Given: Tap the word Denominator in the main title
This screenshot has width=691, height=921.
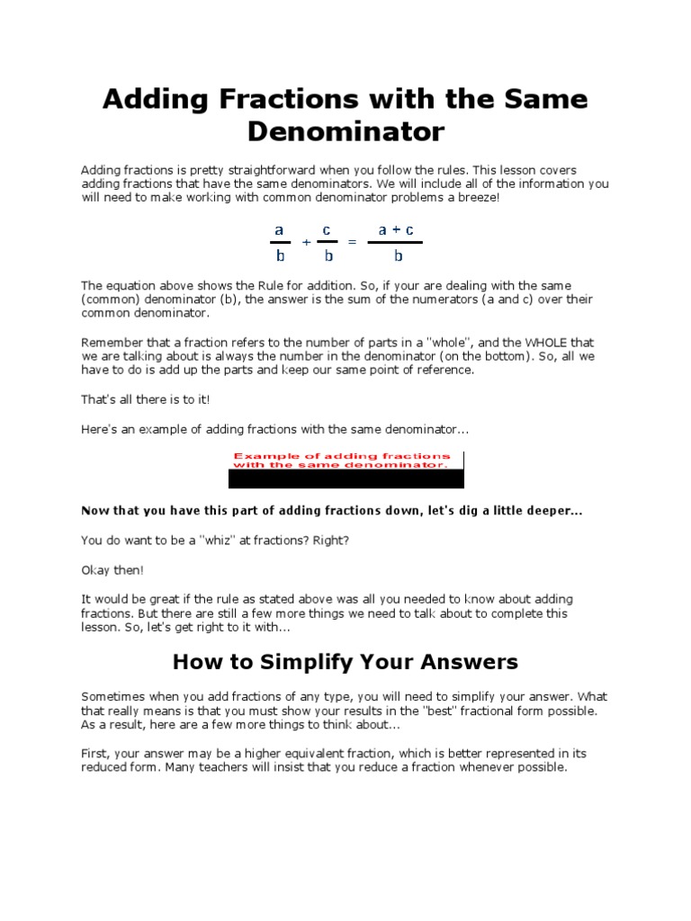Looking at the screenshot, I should coord(345,132).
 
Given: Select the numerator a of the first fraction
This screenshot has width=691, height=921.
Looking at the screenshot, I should coord(280,230).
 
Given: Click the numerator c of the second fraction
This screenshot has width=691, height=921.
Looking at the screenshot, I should coord(328,230).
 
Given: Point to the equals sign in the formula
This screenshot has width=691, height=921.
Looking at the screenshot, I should coord(352,243).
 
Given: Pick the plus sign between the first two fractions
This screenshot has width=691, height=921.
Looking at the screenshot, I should coord(307,243).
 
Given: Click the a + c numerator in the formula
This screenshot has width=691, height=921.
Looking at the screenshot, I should coord(396,230).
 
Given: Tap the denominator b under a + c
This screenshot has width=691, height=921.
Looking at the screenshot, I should coord(396,255).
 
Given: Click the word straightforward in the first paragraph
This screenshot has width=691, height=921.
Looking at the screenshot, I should coord(253,170).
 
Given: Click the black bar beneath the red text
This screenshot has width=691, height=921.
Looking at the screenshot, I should coord(346,479).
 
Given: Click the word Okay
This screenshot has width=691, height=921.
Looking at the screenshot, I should coord(97,570).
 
